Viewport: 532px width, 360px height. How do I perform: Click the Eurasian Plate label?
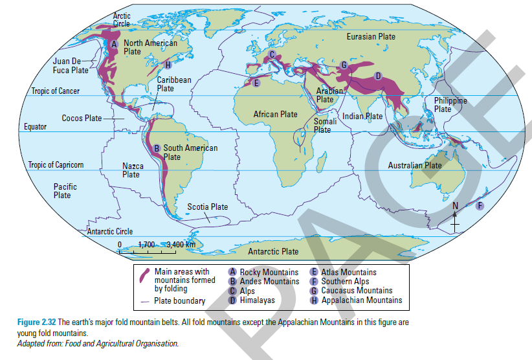coord(371,37)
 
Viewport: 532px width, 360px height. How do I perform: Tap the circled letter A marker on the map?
coord(113,44)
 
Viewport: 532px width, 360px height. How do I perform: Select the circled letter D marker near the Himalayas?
coord(378,76)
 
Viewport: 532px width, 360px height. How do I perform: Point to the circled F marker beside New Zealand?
coord(480,206)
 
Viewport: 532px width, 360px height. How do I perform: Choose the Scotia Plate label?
coord(207,207)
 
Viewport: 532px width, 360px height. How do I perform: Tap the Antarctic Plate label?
coord(273,251)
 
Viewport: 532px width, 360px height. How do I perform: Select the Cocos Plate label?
coord(82,118)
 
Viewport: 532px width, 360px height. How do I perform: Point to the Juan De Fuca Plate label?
coord(71,65)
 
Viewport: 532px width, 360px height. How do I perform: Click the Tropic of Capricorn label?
coord(56,164)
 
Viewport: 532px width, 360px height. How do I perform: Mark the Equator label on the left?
coord(35,127)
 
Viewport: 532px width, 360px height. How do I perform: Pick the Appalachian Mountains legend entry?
coord(361,300)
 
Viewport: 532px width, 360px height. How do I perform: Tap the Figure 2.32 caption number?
coord(37,322)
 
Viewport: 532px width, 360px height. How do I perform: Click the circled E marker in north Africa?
coord(256,83)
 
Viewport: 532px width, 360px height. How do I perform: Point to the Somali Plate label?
coord(322,125)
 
